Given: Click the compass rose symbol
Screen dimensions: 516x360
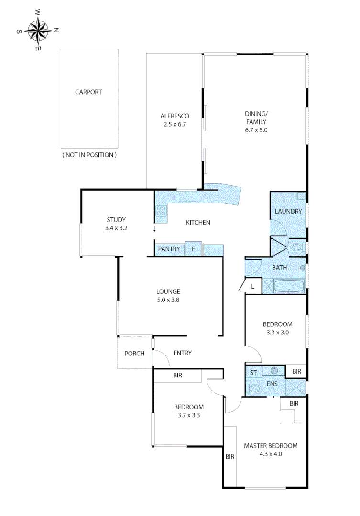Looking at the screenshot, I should (x=37, y=30).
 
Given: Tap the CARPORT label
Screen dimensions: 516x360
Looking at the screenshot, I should (x=88, y=92).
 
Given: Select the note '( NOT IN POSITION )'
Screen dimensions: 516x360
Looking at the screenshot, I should (x=89, y=155).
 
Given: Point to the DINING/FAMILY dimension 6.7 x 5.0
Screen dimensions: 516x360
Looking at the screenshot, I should (x=256, y=129).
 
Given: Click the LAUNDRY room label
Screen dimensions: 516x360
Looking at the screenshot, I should (x=288, y=211).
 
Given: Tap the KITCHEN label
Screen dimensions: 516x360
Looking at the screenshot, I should (x=198, y=222).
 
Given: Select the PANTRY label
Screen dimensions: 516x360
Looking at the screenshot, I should (x=169, y=249).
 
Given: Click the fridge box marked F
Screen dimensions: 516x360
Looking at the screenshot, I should (x=193, y=249).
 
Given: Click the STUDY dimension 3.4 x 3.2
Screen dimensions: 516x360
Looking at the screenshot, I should (x=116, y=228).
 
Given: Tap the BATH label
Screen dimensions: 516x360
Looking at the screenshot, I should (x=279, y=268).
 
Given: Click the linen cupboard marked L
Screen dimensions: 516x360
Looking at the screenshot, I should (x=252, y=286).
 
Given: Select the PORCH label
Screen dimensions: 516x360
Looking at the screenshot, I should (x=134, y=354).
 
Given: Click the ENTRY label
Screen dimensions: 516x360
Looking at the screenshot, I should (x=182, y=353).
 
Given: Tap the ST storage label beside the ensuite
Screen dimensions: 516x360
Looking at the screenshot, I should (x=253, y=372).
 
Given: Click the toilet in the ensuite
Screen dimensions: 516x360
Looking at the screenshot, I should (x=255, y=389).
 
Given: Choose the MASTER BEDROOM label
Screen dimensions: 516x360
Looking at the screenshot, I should (x=271, y=446).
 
